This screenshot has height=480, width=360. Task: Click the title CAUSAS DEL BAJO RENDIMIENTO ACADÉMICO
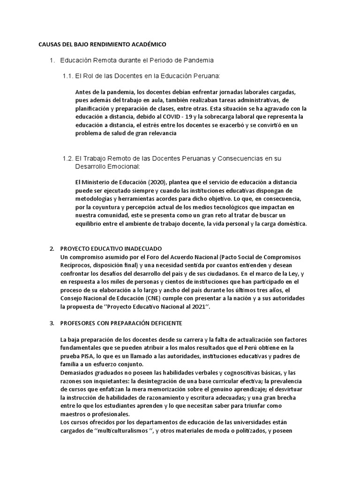click(x=102, y=45)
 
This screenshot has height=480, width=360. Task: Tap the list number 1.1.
click(x=68, y=75)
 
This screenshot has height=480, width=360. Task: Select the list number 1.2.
click(x=68, y=158)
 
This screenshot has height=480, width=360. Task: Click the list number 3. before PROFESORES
click(x=52, y=323)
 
